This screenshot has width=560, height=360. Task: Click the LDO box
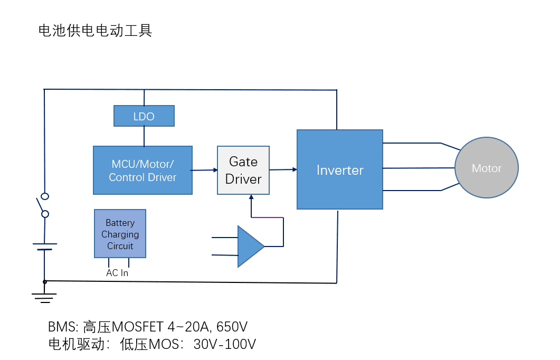[144, 116]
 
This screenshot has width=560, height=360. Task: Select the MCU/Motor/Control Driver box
[143, 170]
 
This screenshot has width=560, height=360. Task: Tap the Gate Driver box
[243, 170]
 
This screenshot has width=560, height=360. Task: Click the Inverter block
[340, 169]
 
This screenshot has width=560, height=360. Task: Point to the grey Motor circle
[486, 168]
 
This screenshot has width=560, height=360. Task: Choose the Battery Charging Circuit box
[120, 234]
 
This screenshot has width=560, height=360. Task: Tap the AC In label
[117, 273]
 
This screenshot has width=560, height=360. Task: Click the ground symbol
[45, 297]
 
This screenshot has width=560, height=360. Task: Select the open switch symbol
[42, 205]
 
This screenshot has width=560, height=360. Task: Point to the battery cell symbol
[45, 247]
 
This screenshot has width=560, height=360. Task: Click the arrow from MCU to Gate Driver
[205, 170]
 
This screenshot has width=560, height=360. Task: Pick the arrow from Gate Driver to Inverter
[283, 169]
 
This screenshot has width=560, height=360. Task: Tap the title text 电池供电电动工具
[96, 31]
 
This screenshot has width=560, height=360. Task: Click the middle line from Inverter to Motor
[419, 168]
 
